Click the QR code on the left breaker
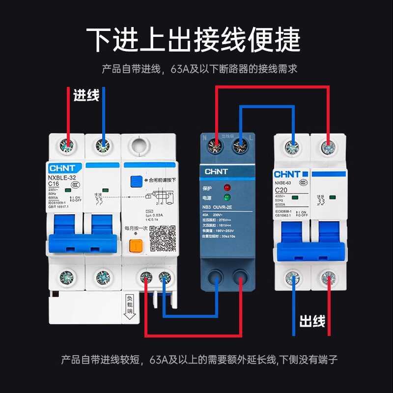162,240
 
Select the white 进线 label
86,95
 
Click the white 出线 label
312,322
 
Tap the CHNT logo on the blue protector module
216,171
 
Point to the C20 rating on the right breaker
281,190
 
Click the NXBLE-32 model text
61,177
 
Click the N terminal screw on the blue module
215,144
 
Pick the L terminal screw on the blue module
239,144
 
